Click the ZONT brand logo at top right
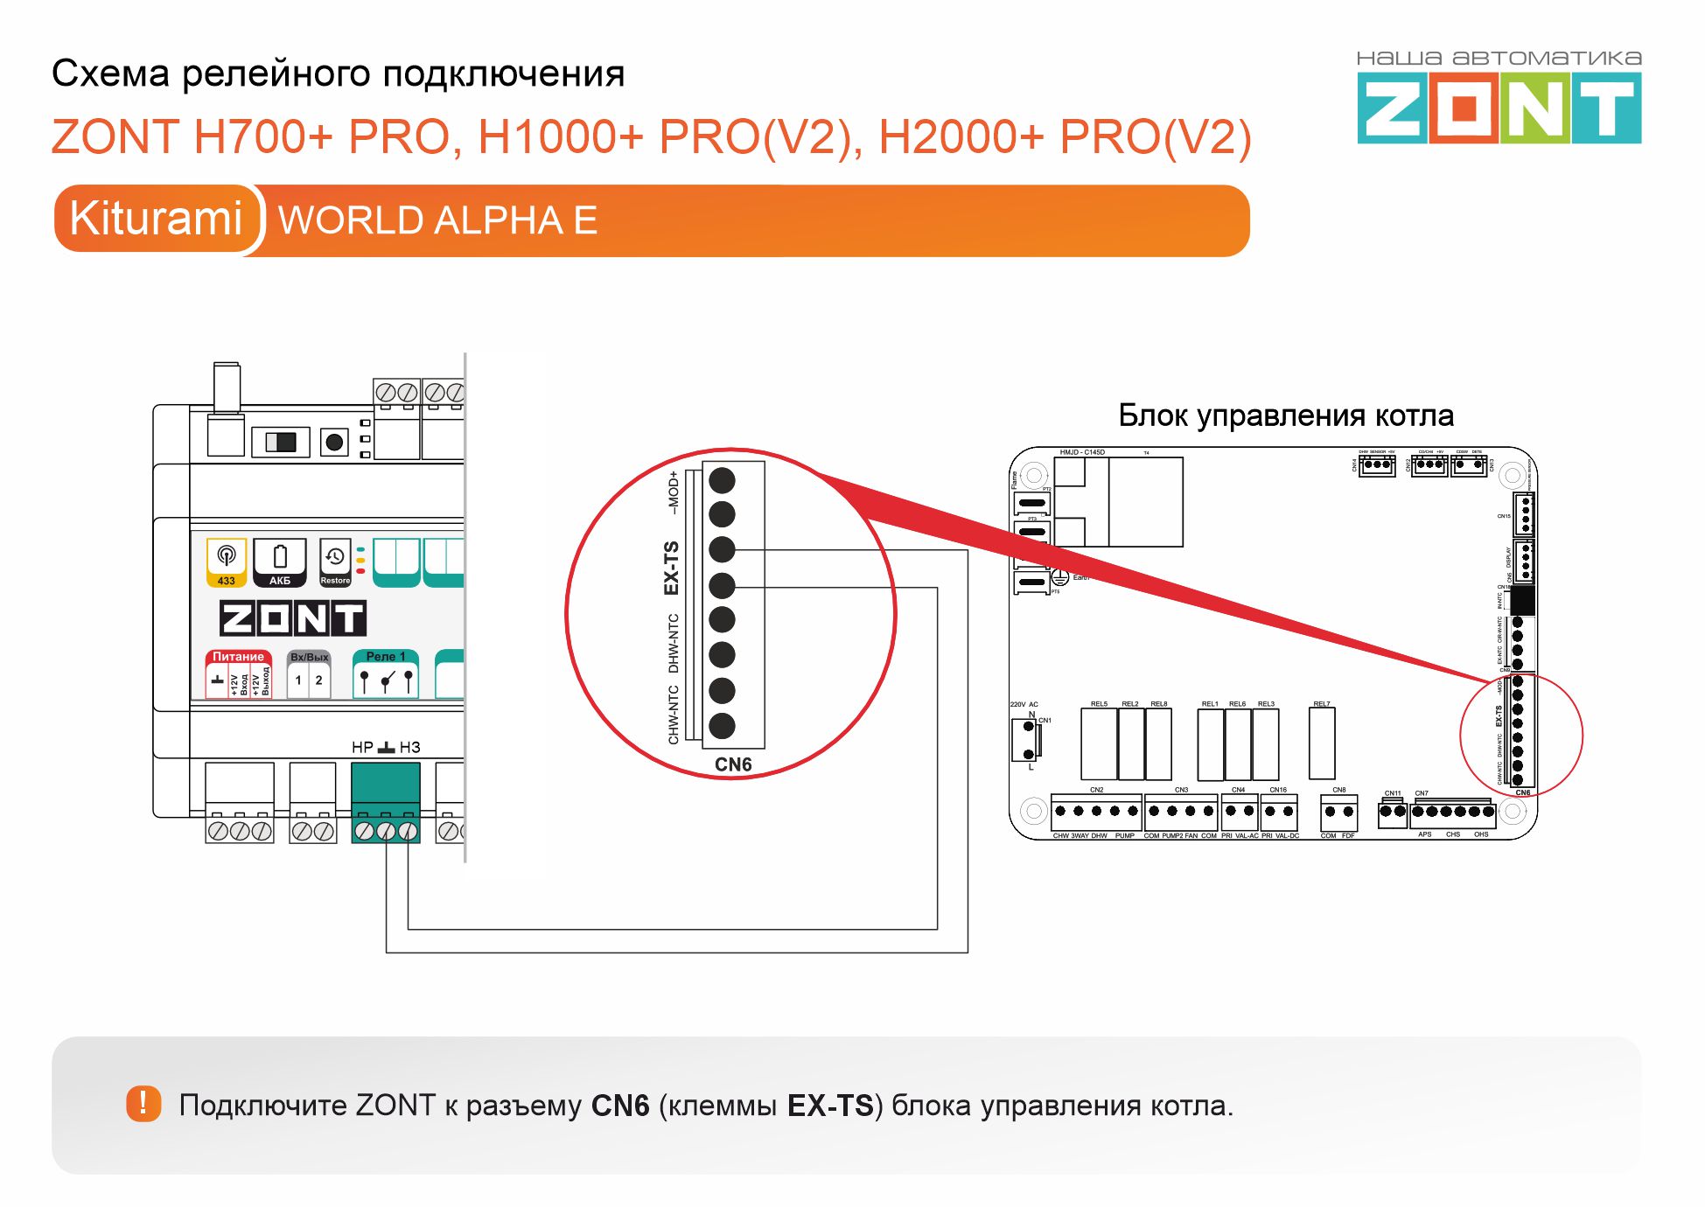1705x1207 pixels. pos(1499,108)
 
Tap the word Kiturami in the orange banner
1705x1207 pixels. pos(156,218)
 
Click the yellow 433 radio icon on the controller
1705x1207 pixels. pos(227,562)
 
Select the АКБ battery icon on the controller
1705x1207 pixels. pos(280,562)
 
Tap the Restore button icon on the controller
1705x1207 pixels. pos(335,562)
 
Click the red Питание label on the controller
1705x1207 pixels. pos(238,656)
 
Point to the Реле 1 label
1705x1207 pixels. pos(385,656)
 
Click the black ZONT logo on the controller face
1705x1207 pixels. pos(292,618)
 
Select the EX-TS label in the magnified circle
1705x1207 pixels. pos(672,568)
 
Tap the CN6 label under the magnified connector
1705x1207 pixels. pos(733,764)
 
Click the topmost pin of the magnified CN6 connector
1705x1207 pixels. pos(722,480)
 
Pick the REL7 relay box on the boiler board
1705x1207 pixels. pos(1322,743)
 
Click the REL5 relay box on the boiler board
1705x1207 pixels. pos(1099,743)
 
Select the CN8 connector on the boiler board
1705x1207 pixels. pos(1338,813)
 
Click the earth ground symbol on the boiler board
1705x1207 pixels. pos(1059,577)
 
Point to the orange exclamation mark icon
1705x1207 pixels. pos(143,1104)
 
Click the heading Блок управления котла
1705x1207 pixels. pos(1286,415)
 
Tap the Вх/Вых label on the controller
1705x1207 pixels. pos(309,657)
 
